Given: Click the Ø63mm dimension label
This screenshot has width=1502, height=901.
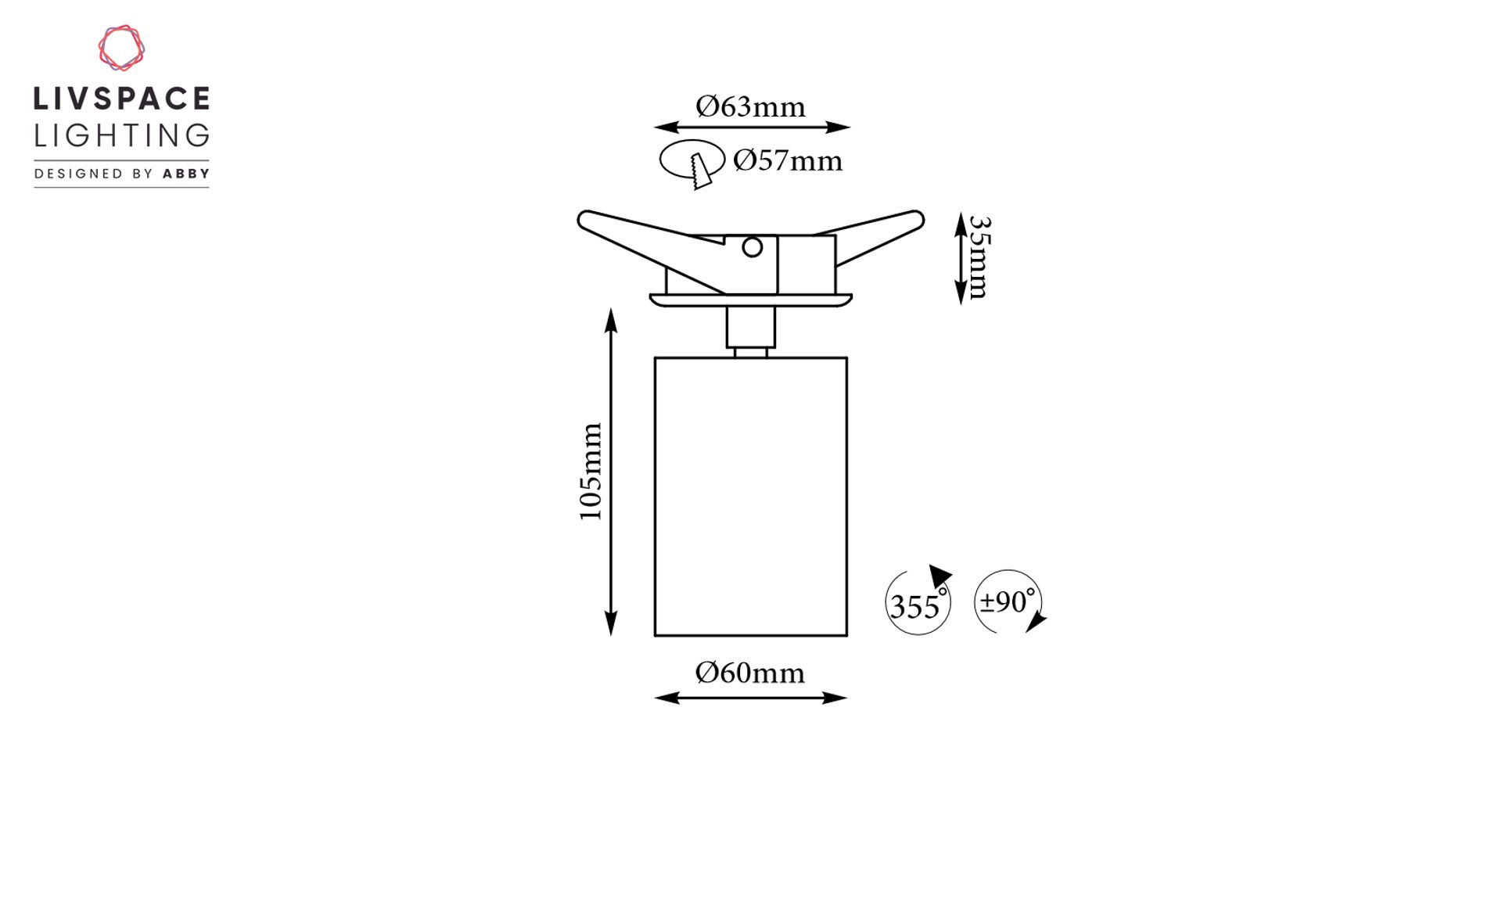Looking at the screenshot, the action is [750, 106].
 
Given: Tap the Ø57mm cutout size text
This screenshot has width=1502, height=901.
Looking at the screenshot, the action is [788, 160].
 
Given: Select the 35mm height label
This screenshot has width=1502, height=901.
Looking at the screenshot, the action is [979, 257].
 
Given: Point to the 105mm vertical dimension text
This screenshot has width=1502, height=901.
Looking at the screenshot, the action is [591, 472].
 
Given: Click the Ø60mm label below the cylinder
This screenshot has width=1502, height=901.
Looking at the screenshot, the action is [749, 673].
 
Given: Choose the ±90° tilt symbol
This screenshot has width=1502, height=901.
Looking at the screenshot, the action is [1009, 601].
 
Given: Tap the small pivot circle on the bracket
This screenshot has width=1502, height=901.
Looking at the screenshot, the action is [753, 248].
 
